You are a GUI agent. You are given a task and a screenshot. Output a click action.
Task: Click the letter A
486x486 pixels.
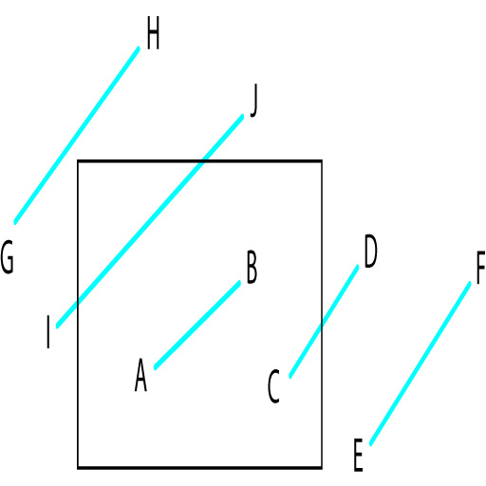[x=140, y=375]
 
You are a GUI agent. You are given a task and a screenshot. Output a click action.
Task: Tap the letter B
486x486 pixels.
[x=252, y=267]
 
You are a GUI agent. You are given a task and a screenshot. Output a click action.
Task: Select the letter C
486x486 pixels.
[x=273, y=386]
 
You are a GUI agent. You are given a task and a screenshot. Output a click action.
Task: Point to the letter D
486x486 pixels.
[x=370, y=252]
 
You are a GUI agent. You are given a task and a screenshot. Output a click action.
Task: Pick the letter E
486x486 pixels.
[x=358, y=455]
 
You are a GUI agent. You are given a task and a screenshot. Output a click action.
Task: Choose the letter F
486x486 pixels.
[x=481, y=268]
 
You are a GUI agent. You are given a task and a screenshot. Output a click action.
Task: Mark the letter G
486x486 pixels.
[x=7, y=256]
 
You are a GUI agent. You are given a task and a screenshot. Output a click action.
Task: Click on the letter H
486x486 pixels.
[x=153, y=33]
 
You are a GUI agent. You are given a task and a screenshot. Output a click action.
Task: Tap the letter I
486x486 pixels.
[x=48, y=331]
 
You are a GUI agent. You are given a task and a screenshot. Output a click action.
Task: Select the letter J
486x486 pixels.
[x=253, y=101]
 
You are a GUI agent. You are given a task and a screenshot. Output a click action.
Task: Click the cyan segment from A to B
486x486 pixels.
[x=197, y=325]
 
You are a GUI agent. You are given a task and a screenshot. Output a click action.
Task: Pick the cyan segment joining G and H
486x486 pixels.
[x=77, y=136]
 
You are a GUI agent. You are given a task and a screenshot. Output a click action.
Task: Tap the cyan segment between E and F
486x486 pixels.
[x=420, y=364]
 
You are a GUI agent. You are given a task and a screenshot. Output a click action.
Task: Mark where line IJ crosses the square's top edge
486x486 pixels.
[x=201, y=161]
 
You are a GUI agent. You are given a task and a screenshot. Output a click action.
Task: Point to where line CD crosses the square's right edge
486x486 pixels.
[x=321, y=326]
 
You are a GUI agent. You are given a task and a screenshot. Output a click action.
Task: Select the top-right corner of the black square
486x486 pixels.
[x=322, y=161]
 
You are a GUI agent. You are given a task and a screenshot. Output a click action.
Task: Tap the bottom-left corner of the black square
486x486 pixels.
[x=78, y=467]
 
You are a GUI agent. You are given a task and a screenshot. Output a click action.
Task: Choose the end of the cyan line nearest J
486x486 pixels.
[x=242, y=116]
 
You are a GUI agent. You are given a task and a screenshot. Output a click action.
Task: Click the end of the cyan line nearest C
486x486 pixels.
[x=290, y=377]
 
